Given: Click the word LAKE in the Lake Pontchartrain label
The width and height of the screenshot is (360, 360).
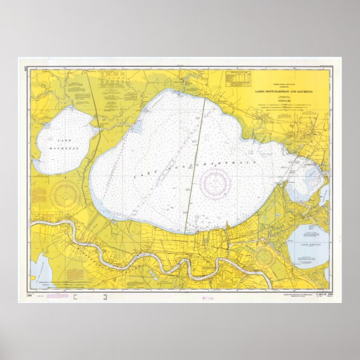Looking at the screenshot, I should pos(141,175).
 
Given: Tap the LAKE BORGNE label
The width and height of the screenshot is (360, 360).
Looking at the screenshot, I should pos(310,245).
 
